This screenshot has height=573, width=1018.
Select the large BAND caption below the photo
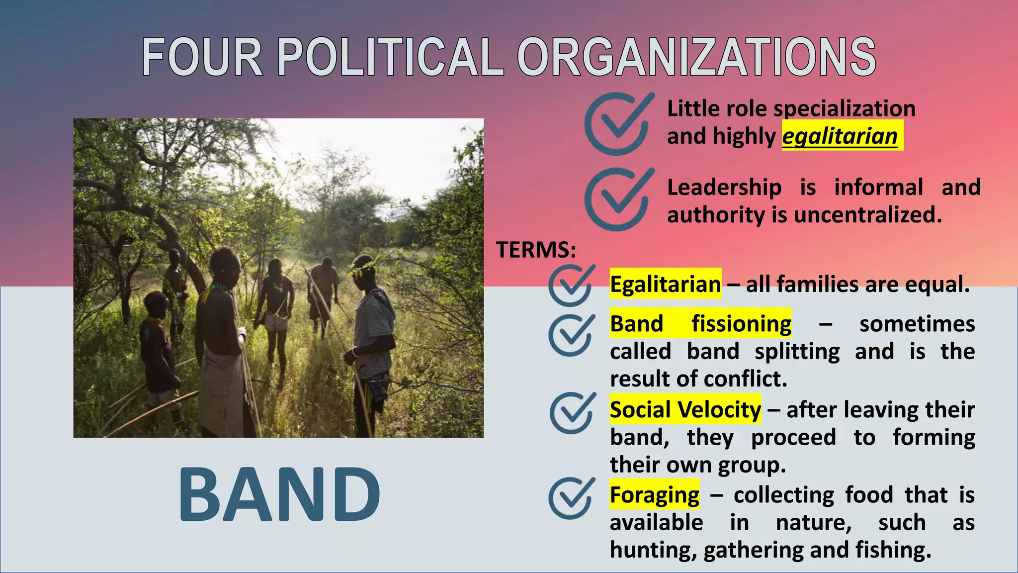(x=279, y=494)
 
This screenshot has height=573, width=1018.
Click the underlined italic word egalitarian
(x=840, y=136)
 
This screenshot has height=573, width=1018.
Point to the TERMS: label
(x=536, y=249)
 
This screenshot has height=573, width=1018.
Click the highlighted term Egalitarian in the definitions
(x=665, y=285)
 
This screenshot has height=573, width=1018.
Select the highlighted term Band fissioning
(x=700, y=324)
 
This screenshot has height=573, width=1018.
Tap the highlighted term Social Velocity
(x=685, y=410)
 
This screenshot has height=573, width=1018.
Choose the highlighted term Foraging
(x=654, y=495)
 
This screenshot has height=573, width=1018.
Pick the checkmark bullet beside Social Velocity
(x=572, y=413)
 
